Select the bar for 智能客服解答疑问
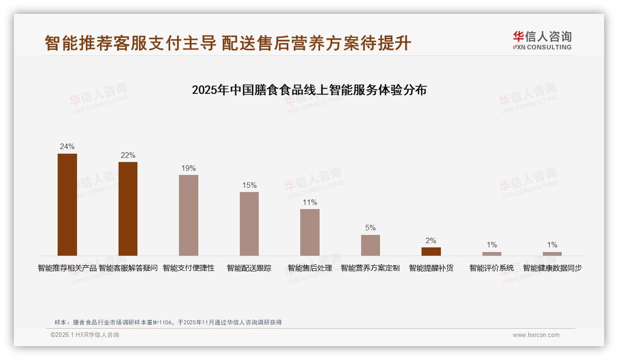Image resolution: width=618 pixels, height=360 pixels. click(x=128, y=209)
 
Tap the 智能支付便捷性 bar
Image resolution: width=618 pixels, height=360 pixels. click(x=189, y=215)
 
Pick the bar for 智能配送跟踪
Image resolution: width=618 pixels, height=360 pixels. click(x=249, y=224)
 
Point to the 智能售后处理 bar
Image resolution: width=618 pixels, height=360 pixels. click(x=310, y=232)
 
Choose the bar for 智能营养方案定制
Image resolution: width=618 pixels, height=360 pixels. click(x=370, y=245)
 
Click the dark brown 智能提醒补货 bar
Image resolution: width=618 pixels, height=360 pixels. click(x=431, y=252)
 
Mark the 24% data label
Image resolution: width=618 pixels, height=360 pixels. click(x=67, y=146)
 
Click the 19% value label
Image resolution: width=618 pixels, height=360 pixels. click(x=189, y=168)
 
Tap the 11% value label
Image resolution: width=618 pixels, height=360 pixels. click(x=310, y=202)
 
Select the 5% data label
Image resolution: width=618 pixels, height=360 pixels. click(x=370, y=228)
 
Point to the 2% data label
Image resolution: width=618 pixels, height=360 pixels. click(x=431, y=240)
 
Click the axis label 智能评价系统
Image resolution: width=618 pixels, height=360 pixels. click(x=492, y=268)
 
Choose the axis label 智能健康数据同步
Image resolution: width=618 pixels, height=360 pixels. click(x=552, y=268)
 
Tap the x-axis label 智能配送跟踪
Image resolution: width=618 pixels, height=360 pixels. click(x=249, y=268)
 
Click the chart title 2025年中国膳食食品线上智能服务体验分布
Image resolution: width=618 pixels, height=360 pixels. click(x=309, y=90)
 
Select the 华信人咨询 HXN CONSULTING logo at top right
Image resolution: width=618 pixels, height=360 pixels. click(x=542, y=40)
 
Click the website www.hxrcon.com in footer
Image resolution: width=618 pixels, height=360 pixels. click(x=536, y=335)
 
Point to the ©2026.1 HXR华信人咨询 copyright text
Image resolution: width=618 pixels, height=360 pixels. click(x=85, y=335)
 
